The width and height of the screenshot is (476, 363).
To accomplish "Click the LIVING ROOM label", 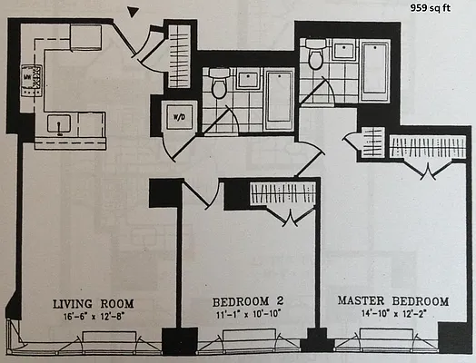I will coord(93,303).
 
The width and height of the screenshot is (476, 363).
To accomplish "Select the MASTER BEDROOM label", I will coord(393,300).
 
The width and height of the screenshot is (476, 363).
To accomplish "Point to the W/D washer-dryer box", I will coord(178,117).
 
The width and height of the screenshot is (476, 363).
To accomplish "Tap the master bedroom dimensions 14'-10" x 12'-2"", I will coord(393,314).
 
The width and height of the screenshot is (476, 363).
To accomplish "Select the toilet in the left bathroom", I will coord(218,85).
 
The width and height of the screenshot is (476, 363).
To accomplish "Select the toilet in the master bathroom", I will coord(316,56).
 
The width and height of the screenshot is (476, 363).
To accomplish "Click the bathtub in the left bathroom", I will coord(277,97).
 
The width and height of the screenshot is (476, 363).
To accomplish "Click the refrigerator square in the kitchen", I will coord(86,37).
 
